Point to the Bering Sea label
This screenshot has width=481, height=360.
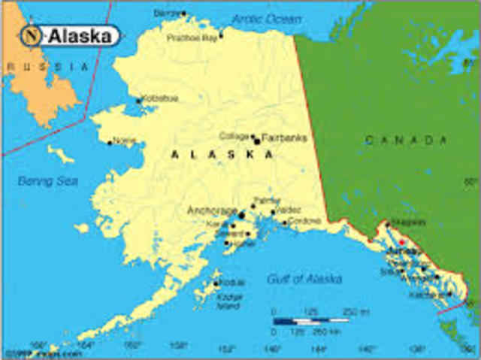48,181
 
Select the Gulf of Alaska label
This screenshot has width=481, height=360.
304,279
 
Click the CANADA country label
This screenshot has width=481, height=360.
406,140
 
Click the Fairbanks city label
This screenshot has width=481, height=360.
284,138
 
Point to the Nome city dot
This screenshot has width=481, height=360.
110,142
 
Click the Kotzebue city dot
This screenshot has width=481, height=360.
138,100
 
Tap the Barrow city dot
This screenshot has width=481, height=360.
183,13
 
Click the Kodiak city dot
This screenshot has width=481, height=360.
216,283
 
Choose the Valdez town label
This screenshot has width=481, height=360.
289,210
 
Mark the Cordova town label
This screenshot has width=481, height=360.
304,221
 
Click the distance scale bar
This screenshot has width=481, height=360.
310,320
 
